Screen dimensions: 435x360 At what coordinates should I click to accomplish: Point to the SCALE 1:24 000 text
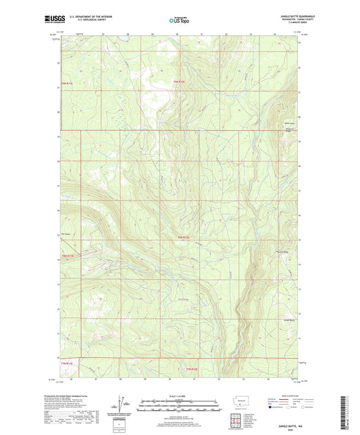(x=179, y=396)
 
